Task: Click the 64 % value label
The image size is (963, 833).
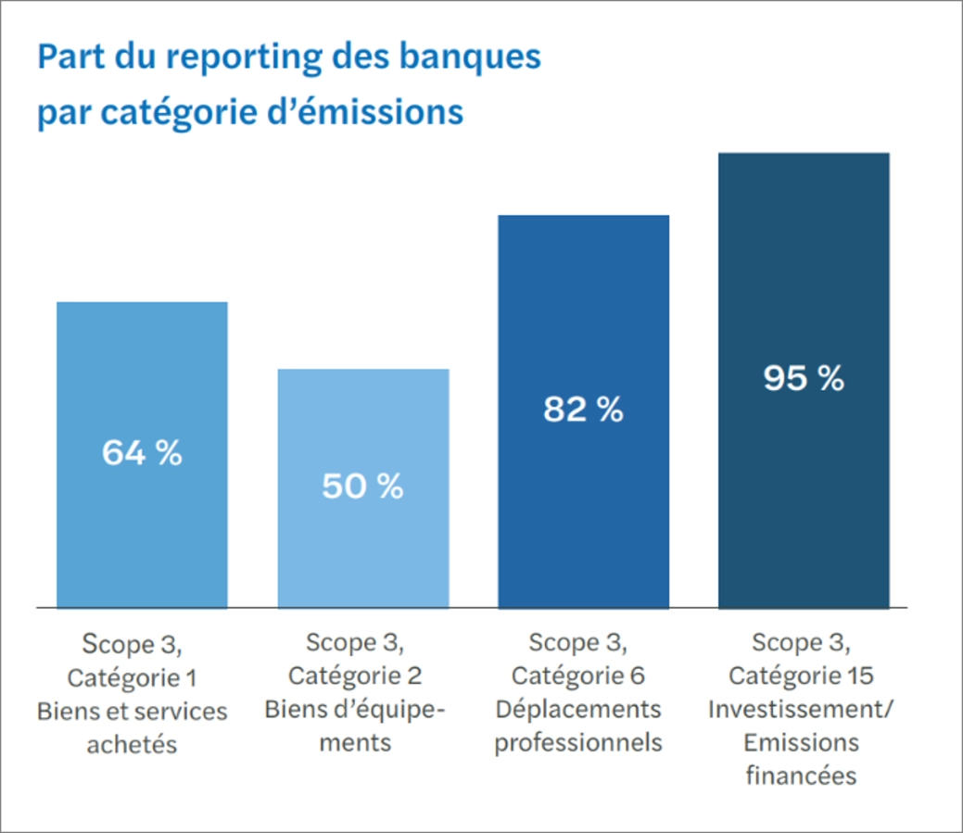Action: pyautogui.click(x=142, y=453)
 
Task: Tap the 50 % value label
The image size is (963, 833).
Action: pyautogui.click(x=362, y=486)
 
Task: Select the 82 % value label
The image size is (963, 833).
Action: pyautogui.click(x=583, y=409)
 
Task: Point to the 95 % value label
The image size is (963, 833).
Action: pyautogui.click(x=804, y=378)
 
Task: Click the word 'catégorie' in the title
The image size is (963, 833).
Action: pyautogui.click(x=178, y=112)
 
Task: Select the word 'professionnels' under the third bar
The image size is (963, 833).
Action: pyautogui.click(x=577, y=742)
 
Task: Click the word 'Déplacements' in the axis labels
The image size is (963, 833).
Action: pyautogui.click(x=577, y=709)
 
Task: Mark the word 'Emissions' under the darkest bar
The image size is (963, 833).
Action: pyautogui.click(x=800, y=742)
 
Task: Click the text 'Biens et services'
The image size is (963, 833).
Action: pyautogui.click(x=132, y=711)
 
